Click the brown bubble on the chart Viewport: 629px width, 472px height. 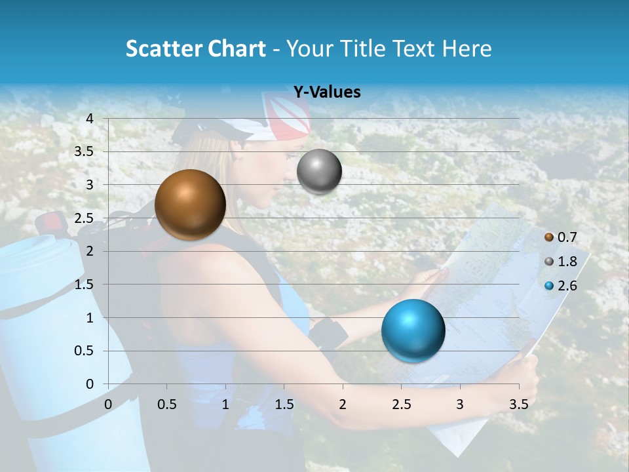coord(190,205)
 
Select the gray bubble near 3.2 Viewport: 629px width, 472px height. coord(319,172)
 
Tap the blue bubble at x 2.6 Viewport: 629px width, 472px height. coord(413,330)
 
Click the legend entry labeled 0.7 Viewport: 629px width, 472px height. coord(567,237)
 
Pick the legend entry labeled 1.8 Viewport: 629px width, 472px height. coord(567,262)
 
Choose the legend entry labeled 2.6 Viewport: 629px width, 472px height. coord(567,286)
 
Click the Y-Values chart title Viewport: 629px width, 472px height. coord(326,92)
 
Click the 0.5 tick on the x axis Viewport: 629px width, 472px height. coord(167,404)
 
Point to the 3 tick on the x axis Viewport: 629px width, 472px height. coord(460,404)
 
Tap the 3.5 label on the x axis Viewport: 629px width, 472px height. coord(518,404)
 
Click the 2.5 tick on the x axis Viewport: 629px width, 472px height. coord(401,404)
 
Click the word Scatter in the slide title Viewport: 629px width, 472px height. coord(162,49)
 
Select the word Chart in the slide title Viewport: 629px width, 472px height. coord(236,49)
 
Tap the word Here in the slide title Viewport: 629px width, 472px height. coord(466,49)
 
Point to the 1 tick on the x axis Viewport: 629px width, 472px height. coord(225,404)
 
